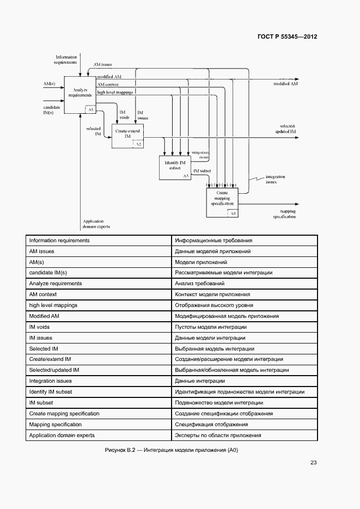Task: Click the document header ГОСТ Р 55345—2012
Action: (286, 37)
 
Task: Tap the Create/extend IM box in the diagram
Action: (127, 136)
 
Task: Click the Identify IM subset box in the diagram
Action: (174, 167)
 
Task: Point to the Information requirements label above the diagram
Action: (66, 59)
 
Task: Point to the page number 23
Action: (313, 463)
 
